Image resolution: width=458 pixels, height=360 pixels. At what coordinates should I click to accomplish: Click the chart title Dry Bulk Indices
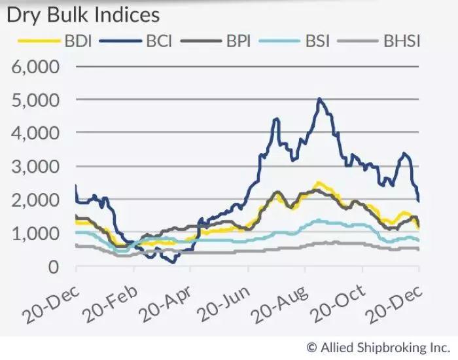click(x=82, y=15)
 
